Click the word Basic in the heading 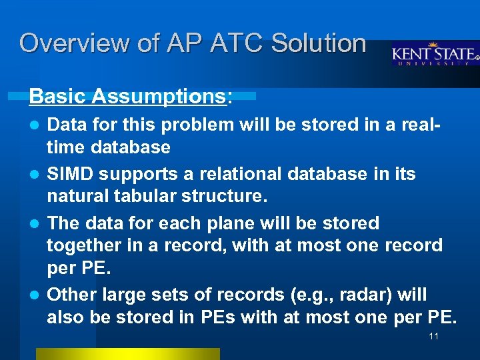pos(58,97)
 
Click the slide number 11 pos(433,336)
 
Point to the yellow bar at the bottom pos(127,354)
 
